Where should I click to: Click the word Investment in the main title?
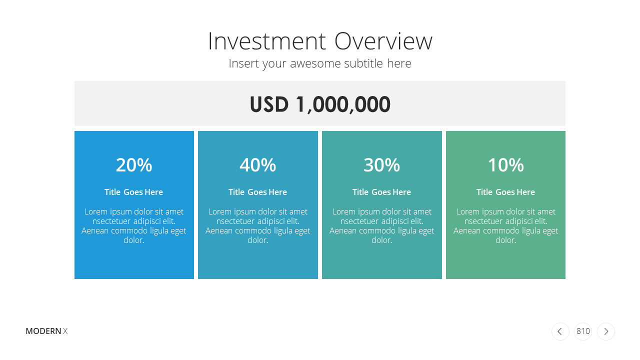267,41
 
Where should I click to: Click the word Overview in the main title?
383,41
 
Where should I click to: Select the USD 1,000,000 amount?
320,104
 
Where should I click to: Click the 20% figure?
134,165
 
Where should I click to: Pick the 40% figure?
257,165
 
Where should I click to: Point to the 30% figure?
381,165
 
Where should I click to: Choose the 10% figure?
505,165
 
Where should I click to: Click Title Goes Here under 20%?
133,192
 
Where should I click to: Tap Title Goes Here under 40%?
257,192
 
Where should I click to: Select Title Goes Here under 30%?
381,192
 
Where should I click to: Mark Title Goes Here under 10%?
505,192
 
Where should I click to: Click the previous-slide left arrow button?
560,331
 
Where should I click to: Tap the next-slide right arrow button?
606,331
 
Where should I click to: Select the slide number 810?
583,331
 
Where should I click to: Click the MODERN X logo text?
46,331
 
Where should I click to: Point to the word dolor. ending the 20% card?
134,240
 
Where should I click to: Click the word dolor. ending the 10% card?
506,240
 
